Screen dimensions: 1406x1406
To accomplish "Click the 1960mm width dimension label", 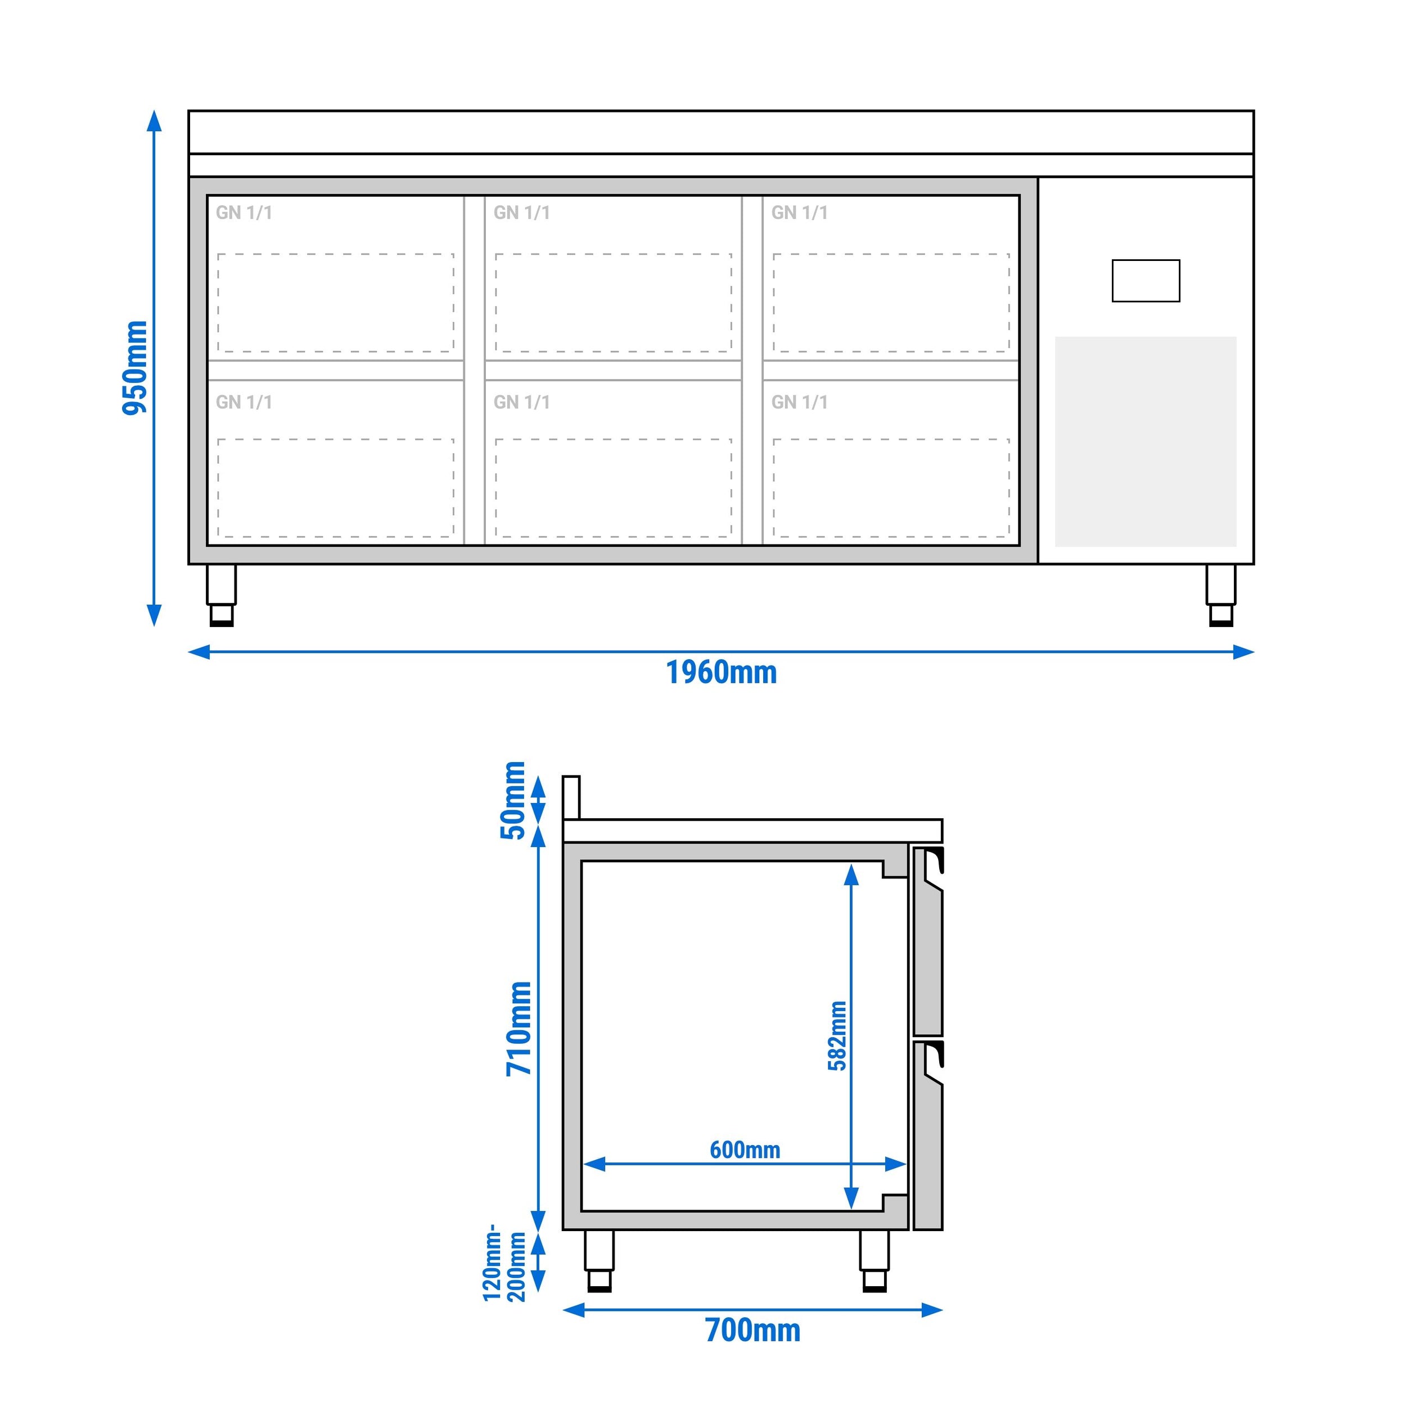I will (721, 673).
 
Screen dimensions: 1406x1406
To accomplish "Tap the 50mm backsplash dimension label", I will (513, 800).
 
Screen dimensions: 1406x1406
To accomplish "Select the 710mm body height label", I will (519, 1028).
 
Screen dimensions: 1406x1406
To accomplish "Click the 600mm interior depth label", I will (745, 1150).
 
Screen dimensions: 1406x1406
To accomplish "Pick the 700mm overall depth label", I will (752, 1330).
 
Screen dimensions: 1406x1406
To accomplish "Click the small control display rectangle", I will (1146, 281).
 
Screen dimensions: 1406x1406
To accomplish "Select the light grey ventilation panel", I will (1146, 441).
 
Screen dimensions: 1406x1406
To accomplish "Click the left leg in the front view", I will (221, 594).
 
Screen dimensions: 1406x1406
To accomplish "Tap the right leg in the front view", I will (1220, 594).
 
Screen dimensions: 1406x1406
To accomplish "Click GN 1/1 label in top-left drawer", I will (244, 213).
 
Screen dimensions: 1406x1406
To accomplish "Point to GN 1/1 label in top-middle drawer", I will (521, 213).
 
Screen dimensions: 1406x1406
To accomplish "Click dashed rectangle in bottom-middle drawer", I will (613, 488).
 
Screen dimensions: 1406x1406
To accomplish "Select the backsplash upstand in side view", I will (571, 797).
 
